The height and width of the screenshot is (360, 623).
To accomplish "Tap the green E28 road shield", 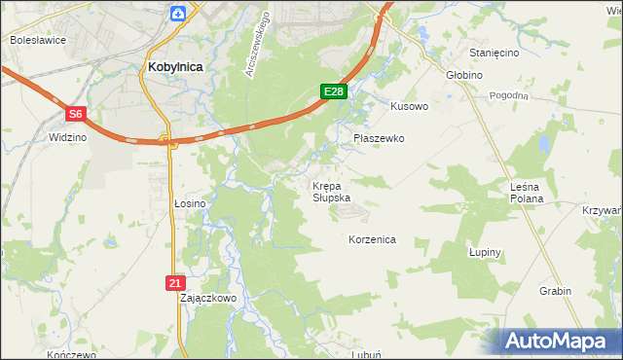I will pos(334,91).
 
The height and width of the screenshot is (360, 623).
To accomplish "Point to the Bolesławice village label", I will pos(37,41).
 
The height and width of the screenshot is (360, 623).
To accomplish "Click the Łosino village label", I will pos(190,203).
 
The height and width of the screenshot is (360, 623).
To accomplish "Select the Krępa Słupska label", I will pos(331,191).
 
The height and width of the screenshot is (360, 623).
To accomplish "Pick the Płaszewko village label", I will pos(379,139).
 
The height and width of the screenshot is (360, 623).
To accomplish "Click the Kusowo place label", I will pos(409,106).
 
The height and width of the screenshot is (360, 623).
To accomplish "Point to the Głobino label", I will pos(465,74).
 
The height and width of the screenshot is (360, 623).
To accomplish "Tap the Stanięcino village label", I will pos(495,53).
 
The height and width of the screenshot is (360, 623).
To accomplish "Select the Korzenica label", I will pos(372,239).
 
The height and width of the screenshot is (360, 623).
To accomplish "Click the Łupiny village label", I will pos(484,253).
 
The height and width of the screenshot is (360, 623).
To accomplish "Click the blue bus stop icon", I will pos(178,13).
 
